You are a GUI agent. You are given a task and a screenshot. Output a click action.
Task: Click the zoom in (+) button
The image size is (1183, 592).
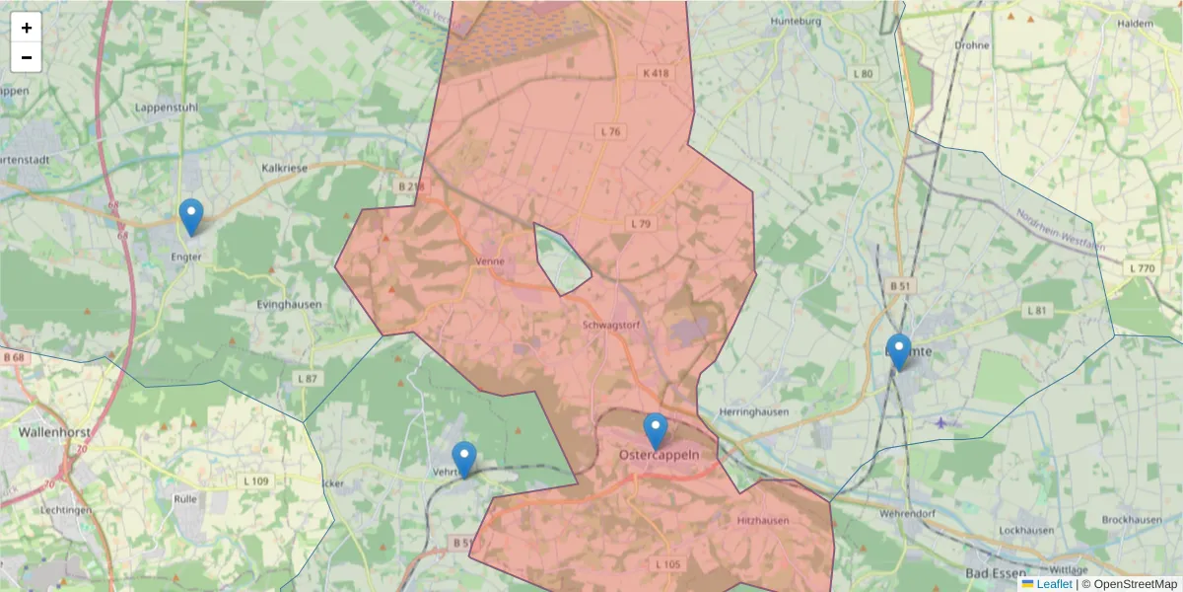pyautogui.click(x=27, y=28)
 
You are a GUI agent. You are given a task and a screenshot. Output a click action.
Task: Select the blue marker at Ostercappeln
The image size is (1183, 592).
pyautogui.click(x=656, y=431)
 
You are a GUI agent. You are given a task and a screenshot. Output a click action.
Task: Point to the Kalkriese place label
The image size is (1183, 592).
pyautogui.click(x=285, y=168)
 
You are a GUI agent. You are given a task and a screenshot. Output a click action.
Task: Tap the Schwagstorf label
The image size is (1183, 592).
pyautogui.click(x=613, y=324)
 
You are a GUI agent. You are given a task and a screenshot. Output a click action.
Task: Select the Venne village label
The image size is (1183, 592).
pyautogui.click(x=489, y=261)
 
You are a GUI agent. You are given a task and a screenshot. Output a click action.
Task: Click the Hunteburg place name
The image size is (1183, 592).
pyautogui.click(x=799, y=21)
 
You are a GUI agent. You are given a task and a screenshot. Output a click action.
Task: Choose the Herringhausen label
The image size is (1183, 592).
pyautogui.click(x=755, y=411)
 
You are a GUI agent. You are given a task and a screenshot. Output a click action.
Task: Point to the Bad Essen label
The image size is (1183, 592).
pyautogui.click(x=996, y=572)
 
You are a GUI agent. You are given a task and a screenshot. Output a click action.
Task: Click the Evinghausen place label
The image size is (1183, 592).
pyautogui.click(x=289, y=305)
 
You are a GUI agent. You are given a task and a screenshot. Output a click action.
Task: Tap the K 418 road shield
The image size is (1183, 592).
pyautogui.click(x=656, y=73)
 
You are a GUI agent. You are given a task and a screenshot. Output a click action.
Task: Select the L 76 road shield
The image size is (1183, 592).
pyautogui.click(x=610, y=131)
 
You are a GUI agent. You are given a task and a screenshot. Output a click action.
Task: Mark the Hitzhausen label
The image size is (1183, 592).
pyautogui.click(x=763, y=520)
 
